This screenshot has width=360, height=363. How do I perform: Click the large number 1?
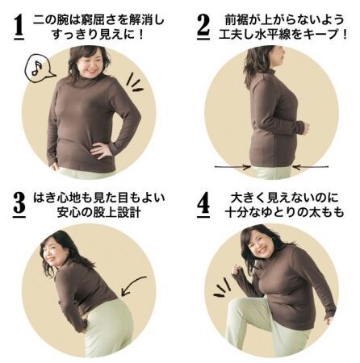(19, 26)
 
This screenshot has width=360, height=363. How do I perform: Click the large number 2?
(203, 26)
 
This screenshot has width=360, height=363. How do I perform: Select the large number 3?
(19, 205)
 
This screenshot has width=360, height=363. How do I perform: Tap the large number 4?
(203, 205)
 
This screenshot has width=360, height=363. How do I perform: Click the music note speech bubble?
(39, 69)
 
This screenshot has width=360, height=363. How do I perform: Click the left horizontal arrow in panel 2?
(232, 167)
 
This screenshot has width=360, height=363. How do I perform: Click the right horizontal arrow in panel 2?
(310, 167)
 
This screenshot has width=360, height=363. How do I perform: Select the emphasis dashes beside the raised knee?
(222, 288)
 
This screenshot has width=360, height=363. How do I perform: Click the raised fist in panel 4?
(237, 269)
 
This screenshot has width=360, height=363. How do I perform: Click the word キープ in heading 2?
(322, 34)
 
